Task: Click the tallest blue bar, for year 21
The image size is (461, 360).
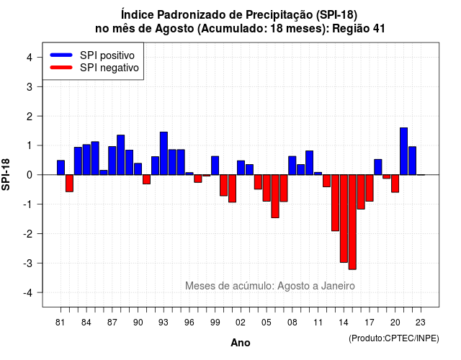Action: tap(403, 151)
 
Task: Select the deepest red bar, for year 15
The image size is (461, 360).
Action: tap(352, 222)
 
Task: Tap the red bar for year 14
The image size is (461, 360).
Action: tap(344, 219)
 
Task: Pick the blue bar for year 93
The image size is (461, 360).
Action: tap(164, 153)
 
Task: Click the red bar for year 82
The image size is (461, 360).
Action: tap(69, 184)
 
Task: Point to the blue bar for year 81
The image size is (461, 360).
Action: tap(61, 168)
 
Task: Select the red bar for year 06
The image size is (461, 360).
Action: tap(275, 197)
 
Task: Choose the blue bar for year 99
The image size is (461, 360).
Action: tap(215, 166)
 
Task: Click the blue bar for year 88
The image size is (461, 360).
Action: tap(121, 155)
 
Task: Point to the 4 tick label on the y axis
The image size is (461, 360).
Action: tap(30, 58)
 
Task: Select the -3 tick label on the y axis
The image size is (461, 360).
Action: tap(27, 263)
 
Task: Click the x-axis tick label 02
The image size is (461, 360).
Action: tap(241, 323)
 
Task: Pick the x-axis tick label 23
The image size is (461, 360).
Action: tap(421, 323)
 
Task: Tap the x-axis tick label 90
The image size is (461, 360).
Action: tap(138, 323)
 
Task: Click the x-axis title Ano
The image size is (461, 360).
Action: tap(241, 343)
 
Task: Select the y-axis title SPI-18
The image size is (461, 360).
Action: tap(6, 174)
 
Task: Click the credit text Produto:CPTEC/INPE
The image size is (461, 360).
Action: tap(394, 338)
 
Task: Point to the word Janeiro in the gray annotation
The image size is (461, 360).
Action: tap(338, 286)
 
